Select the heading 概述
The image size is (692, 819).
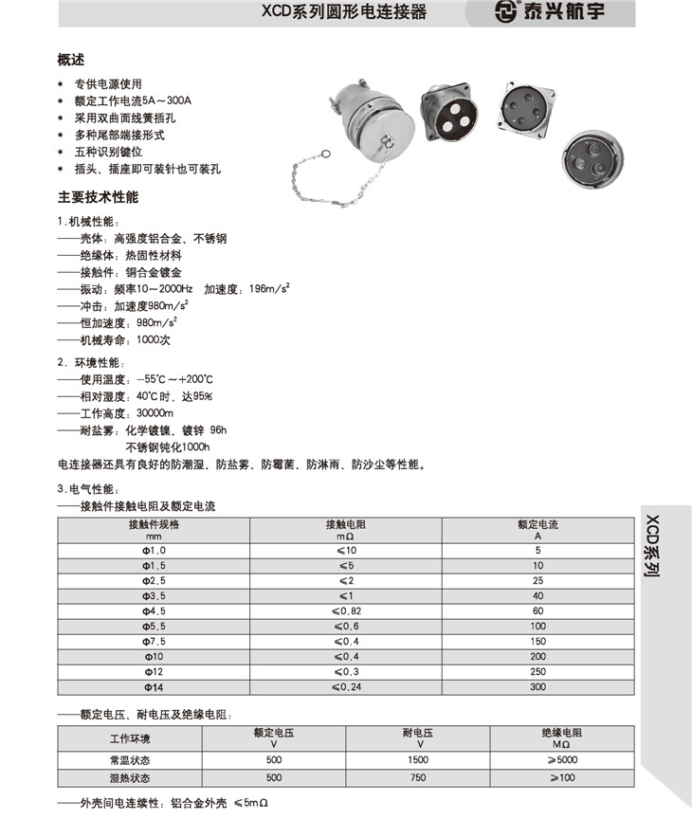pyautogui.click(x=71, y=60)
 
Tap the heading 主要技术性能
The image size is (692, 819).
pyautogui.click(x=98, y=198)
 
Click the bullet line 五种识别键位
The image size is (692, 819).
pyautogui.click(x=109, y=152)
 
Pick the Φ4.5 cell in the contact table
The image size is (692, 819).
pyautogui.click(x=154, y=611)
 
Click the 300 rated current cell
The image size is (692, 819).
pyautogui.click(x=537, y=687)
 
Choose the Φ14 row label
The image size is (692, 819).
pyautogui.click(x=154, y=687)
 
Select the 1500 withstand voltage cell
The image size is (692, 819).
pyautogui.click(x=418, y=760)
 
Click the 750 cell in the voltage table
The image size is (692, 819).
pyautogui.click(x=418, y=777)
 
